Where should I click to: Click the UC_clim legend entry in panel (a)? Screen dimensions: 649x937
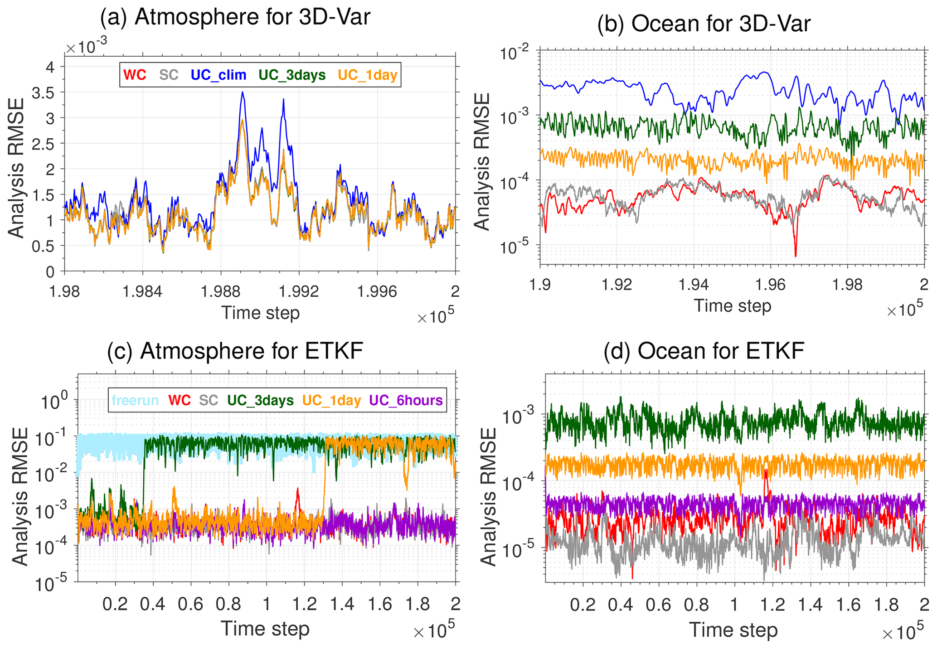(x=218, y=75)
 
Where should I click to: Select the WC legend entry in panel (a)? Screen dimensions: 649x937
(x=135, y=75)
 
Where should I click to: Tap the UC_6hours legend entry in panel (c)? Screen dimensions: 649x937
(x=406, y=400)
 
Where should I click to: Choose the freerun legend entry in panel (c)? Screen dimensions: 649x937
(x=135, y=400)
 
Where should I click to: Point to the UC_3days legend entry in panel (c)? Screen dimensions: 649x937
(x=260, y=400)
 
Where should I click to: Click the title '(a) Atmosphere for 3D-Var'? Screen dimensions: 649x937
(x=235, y=17)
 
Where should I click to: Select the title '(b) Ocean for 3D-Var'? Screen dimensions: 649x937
(x=704, y=24)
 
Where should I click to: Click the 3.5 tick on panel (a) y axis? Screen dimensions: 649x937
(x=43, y=93)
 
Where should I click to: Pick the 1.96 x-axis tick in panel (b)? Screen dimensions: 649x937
(x=771, y=284)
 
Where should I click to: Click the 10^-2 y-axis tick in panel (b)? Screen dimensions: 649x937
(x=515, y=54)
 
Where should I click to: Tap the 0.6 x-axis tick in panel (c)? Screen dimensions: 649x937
(x=191, y=603)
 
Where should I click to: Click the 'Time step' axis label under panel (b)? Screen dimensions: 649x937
(x=732, y=306)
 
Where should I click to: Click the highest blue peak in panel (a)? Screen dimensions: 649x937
(x=243, y=92)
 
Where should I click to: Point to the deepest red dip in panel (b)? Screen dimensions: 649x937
(x=796, y=256)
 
